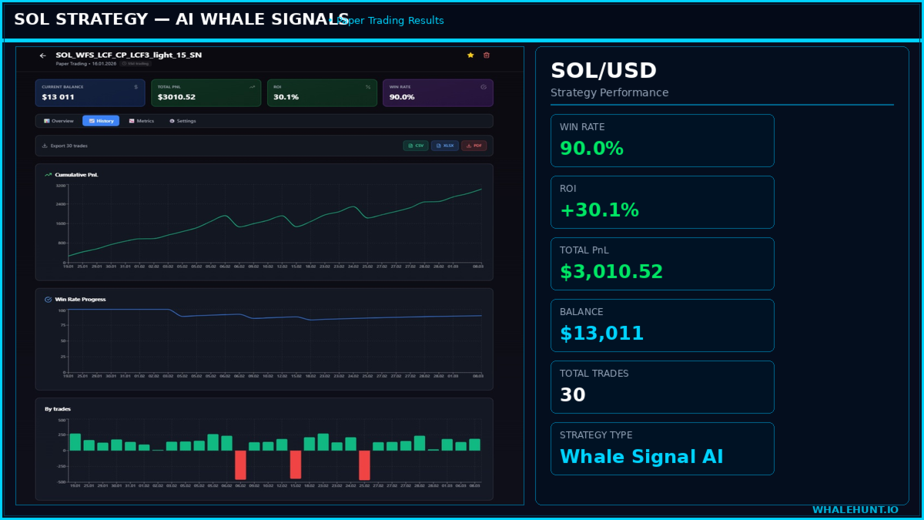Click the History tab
click(101, 121)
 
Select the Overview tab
click(59, 121)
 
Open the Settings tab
click(182, 121)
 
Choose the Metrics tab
click(142, 121)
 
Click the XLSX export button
click(444, 146)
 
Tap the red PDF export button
click(474, 146)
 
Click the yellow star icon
click(470, 55)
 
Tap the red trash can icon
click(486, 55)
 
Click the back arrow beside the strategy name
click(43, 55)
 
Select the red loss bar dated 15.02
click(296, 465)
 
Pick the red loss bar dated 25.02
click(365, 465)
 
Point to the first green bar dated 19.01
click(75, 442)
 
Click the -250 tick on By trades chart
click(61, 466)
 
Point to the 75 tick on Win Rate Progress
click(62, 326)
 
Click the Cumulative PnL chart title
click(76, 175)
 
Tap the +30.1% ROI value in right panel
click(599, 210)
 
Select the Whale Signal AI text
click(641, 457)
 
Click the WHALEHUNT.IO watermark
click(855, 510)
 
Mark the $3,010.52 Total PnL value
click(611, 272)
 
